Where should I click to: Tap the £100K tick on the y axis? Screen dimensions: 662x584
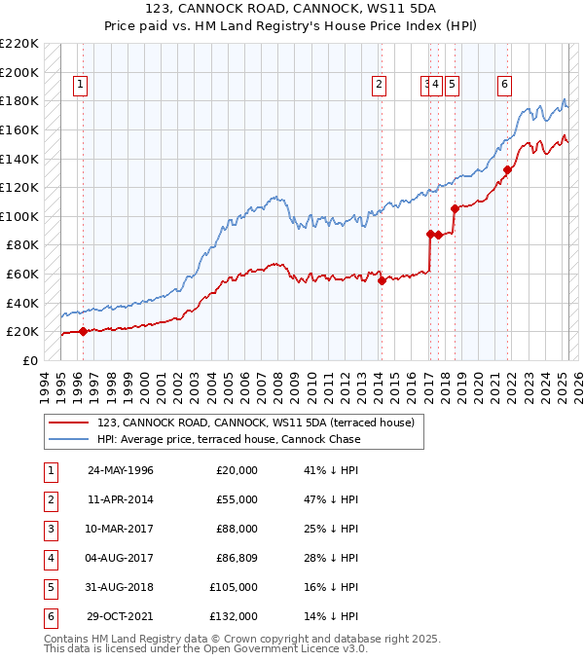pyautogui.click(x=20, y=216)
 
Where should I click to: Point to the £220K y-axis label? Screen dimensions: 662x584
pyautogui.click(x=20, y=44)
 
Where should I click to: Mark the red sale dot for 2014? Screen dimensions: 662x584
pyautogui.click(x=382, y=281)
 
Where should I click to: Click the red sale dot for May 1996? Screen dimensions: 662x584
pyautogui.click(x=83, y=331)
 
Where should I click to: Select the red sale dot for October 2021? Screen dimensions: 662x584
pyautogui.click(x=507, y=170)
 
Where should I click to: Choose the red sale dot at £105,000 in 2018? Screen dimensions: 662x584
pyautogui.click(x=455, y=208)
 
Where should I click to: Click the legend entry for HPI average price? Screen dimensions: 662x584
pyautogui.click(x=228, y=439)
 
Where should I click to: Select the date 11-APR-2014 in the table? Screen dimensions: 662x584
pyautogui.click(x=121, y=499)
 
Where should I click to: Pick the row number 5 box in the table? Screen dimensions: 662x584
pyautogui.click(x=50, y=587)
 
